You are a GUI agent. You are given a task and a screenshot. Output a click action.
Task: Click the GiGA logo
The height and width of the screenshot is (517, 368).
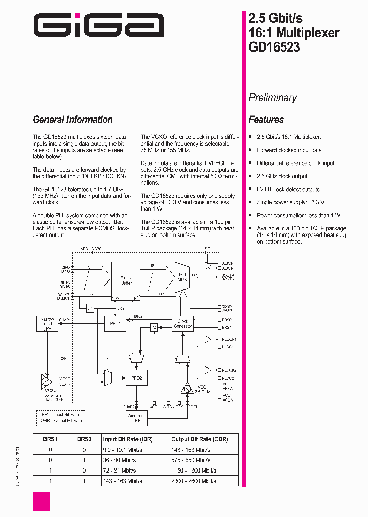coord(99,25)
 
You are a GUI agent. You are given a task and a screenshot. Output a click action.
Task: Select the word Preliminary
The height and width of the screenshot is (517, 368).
coord(272,97)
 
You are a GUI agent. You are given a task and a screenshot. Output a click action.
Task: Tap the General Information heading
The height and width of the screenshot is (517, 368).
coord(73,120)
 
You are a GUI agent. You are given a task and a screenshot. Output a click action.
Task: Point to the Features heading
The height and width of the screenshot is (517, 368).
coord(266,120)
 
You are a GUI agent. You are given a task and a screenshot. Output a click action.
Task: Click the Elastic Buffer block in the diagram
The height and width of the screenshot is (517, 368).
coord(126,280)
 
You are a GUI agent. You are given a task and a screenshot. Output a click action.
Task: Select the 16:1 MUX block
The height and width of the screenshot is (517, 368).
coord(181,277)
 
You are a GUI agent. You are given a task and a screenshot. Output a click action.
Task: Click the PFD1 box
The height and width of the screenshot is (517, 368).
coord(115,323)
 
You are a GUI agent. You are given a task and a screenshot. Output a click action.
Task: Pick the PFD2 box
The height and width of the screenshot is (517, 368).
coord(136,378)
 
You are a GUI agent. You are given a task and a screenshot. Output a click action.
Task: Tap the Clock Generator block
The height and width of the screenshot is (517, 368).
coord(182,323)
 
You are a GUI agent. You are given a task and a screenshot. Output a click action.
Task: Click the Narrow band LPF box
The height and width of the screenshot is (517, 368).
coord(47,323)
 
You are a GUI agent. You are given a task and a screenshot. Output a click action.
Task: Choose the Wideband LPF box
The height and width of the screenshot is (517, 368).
coord(136,418)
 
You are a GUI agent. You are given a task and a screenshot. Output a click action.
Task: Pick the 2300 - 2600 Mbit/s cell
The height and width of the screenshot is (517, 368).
coord(194,481)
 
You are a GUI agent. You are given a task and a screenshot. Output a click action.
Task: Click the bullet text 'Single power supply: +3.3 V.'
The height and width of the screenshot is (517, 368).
coord(291,202)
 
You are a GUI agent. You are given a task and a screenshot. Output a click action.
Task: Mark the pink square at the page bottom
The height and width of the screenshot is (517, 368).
coord(41,501)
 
